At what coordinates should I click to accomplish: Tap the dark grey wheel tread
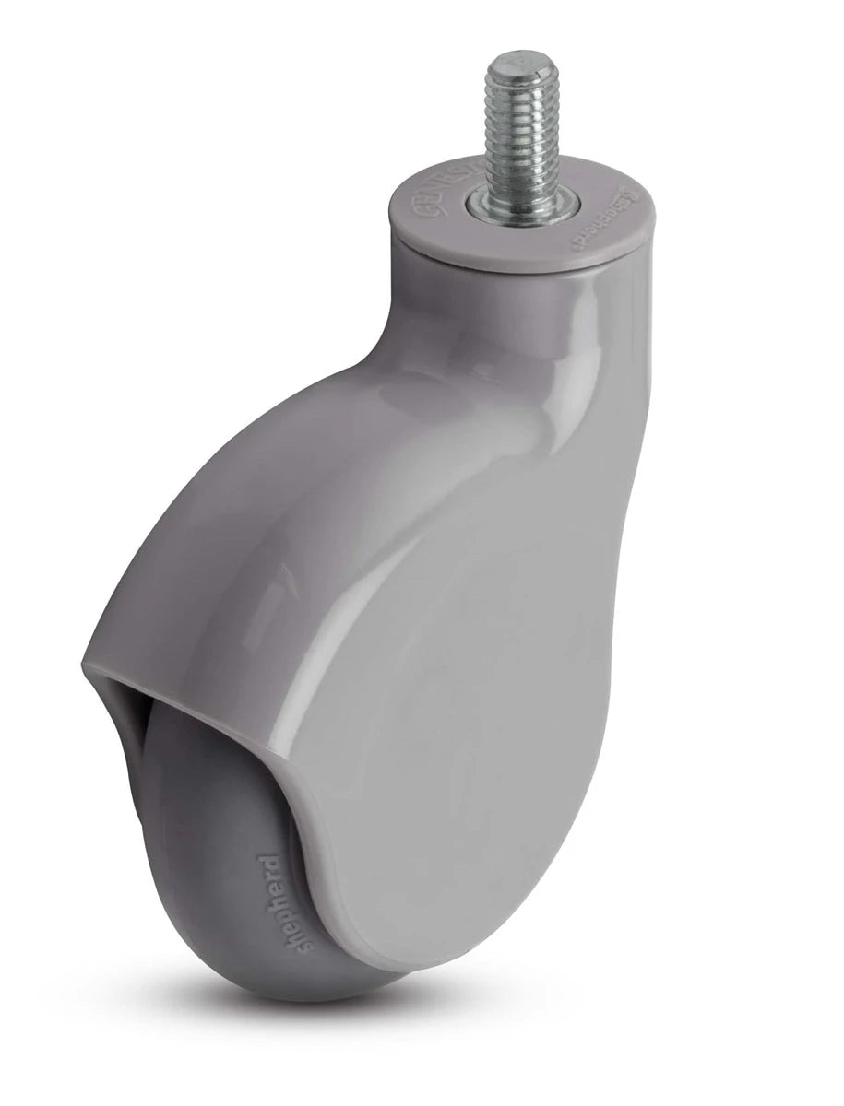pos(198,829)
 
